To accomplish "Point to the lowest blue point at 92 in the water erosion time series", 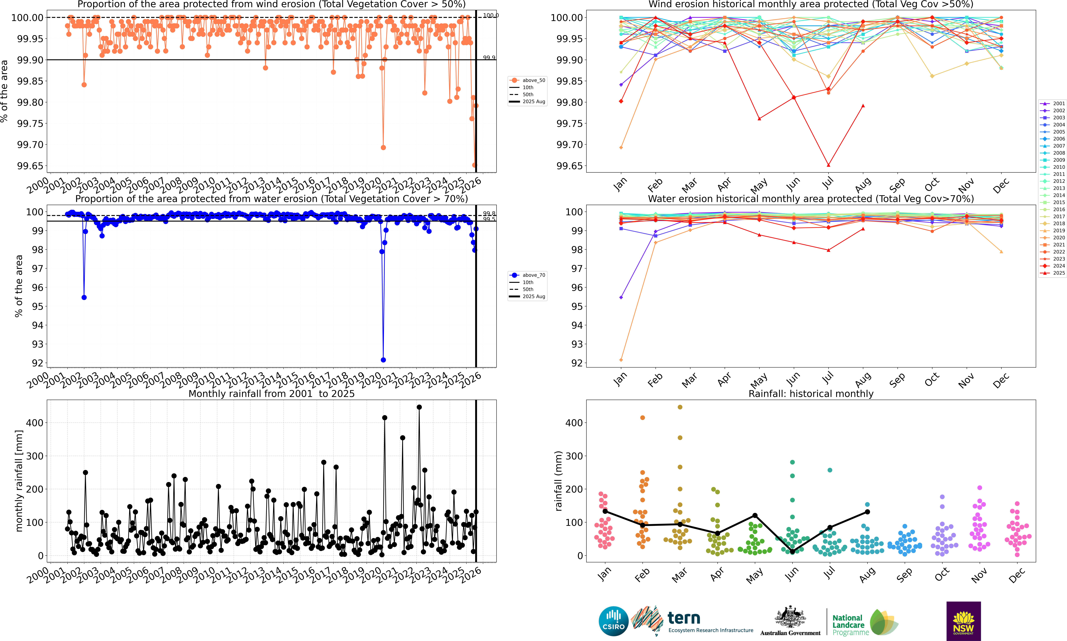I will [383, 360].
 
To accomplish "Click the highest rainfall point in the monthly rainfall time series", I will [419, 407].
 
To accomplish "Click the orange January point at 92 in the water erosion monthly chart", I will [621, 360].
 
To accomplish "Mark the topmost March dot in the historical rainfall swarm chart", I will [680, 407].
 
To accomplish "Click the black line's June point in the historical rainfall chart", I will [792, 552].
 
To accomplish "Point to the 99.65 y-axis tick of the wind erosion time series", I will [30, 166].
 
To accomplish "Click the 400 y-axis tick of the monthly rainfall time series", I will [35, 423].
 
